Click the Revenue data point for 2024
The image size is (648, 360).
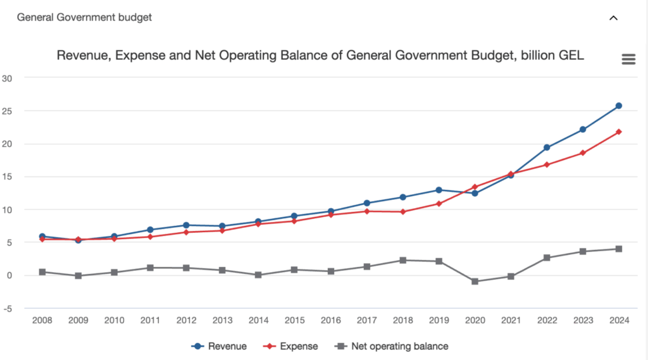619,106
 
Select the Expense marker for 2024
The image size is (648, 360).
619,132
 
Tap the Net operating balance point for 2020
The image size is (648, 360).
475,281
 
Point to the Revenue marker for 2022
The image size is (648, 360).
547,147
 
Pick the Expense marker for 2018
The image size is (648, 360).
402,211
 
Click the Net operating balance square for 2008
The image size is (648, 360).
42,272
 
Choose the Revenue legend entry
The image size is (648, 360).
219,346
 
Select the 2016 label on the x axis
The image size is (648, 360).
330,321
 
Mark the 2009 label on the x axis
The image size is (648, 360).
78,321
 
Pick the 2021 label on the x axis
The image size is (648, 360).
511,321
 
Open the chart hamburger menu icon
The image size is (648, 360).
628,59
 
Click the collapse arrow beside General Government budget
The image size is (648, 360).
613,18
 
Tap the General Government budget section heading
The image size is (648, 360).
84,17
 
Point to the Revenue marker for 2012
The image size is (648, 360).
186,225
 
